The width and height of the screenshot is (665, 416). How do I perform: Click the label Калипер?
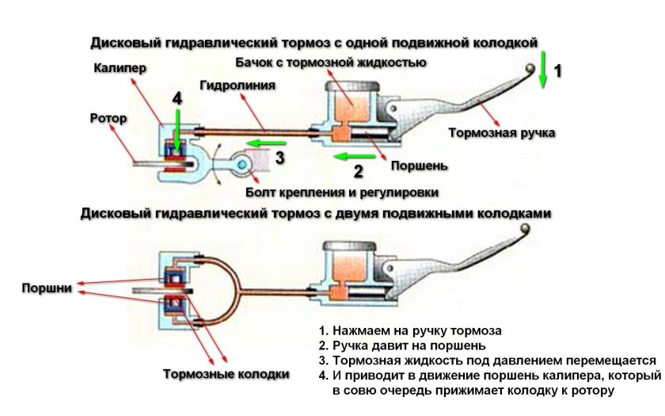120,69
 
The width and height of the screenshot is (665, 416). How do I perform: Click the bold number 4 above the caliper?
178,99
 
